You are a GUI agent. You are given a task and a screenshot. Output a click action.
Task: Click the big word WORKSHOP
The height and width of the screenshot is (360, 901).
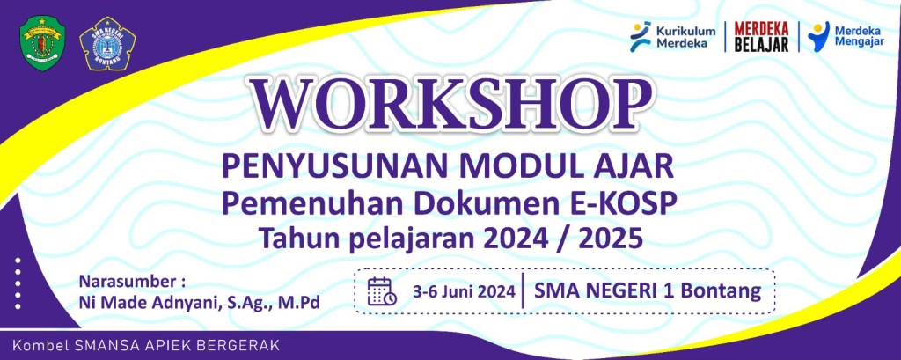(x=450, y=104)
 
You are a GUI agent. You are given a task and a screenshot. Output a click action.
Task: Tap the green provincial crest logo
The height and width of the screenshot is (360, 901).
(x=42, y=43)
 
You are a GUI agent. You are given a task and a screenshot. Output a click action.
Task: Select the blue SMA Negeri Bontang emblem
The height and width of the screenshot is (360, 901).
(x=106, y=44)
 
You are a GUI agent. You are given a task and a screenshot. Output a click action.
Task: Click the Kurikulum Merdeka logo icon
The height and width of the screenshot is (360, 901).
(x=641, y=37)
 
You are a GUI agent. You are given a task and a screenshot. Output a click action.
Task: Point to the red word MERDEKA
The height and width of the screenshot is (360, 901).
(x=761, y=29)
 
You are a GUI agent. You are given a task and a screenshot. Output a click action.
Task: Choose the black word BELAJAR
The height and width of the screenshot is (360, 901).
(x=761, y=45)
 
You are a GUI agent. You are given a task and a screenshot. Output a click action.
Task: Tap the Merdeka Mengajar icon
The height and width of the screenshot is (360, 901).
(x=818, y=36)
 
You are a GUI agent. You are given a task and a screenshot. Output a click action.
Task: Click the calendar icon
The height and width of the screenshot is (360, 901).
(x=382, y=291)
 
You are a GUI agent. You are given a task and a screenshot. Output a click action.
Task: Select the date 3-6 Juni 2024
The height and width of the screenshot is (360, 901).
(x=463, y=291)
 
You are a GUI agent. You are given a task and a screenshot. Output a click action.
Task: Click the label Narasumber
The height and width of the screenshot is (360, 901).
(x=129, y=282)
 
